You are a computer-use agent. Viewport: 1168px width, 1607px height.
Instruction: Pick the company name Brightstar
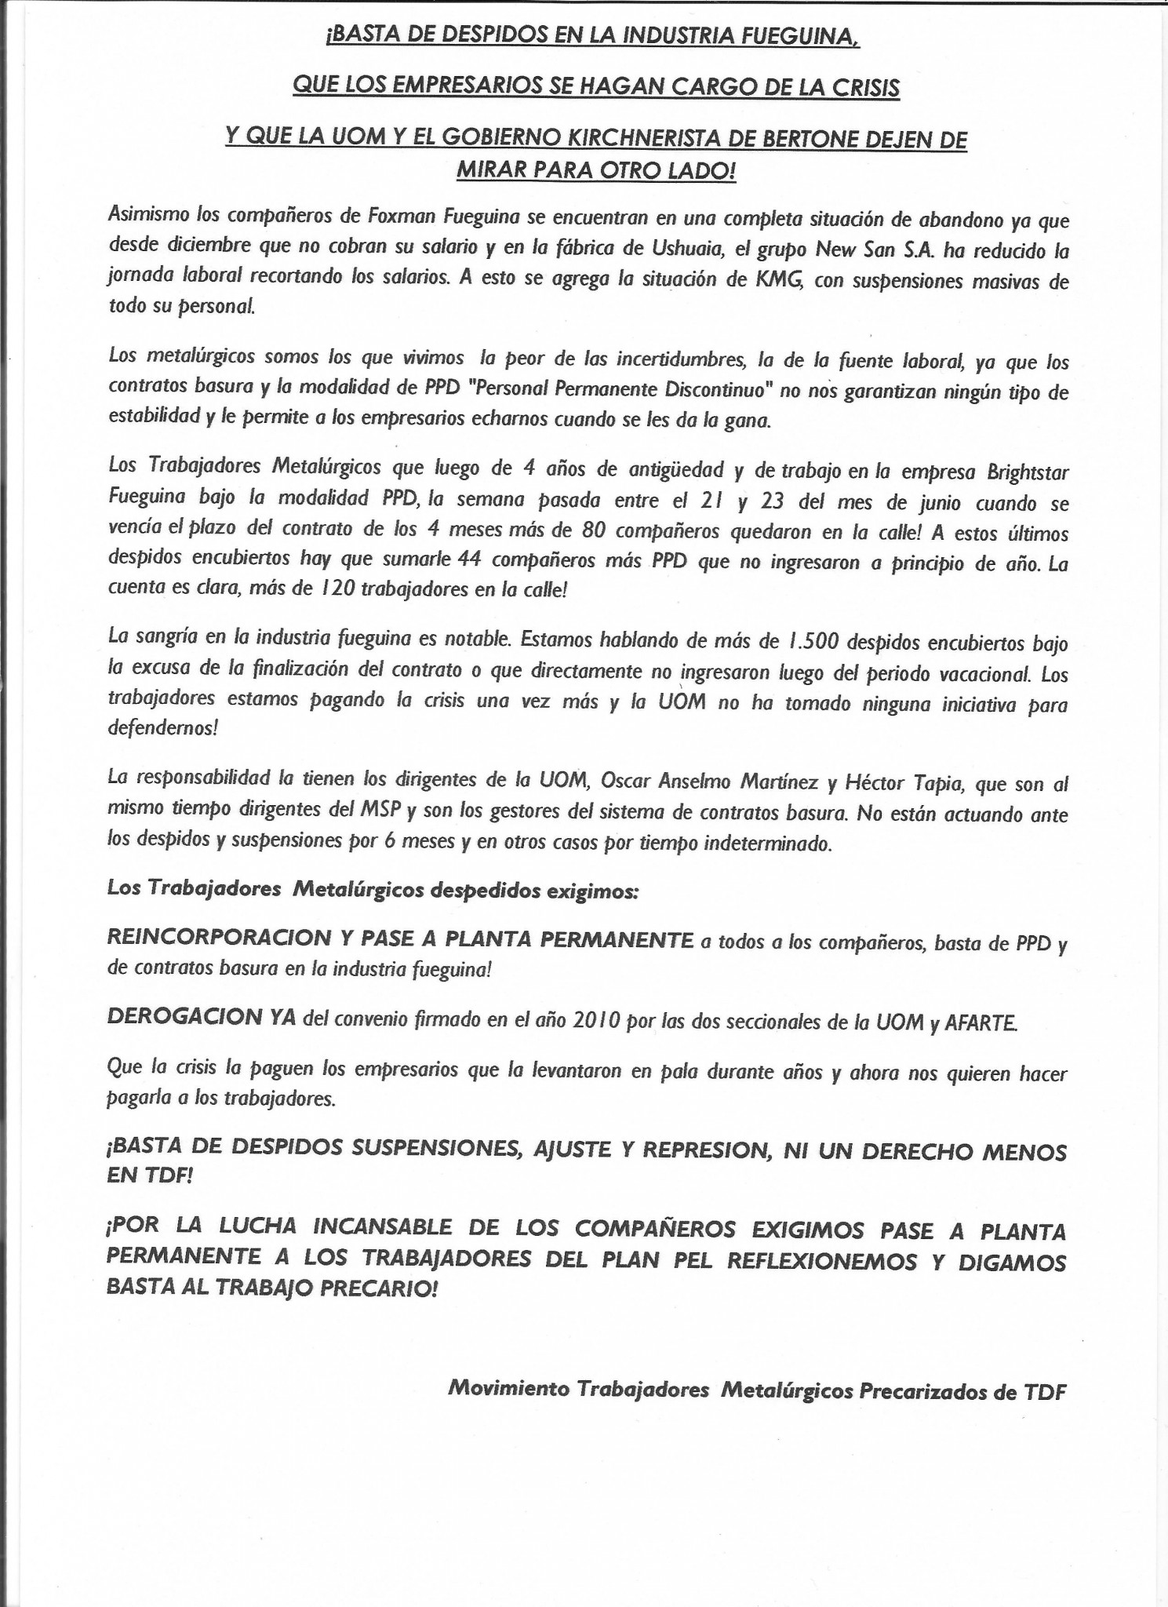tap(1025, 472)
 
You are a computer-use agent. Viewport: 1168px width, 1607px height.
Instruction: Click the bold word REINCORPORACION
tap(219, 938)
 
